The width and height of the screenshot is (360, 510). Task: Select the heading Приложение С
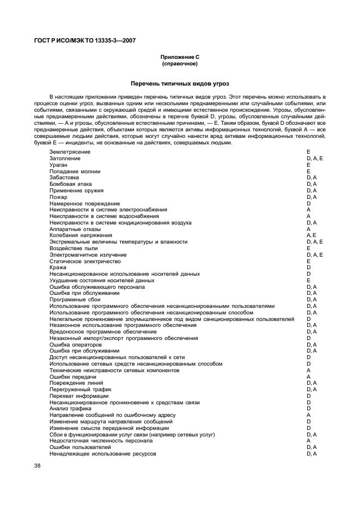(x=179, y=57)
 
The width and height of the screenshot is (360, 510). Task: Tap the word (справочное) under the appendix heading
(x=179, y=64)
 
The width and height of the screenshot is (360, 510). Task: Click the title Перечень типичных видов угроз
(x=180, y=84)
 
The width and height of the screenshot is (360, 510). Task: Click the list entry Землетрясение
(x=70, y=151)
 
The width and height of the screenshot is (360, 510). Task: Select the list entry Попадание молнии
(x=75, y=171)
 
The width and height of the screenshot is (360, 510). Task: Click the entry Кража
(x=58, y=268)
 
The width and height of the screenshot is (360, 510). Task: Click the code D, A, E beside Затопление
(x=315, y=158)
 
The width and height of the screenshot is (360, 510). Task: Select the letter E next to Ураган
(x=308, y=165)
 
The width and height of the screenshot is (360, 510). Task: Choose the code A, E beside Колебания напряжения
(x=312, y=235)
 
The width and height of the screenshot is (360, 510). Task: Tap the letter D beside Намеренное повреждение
(x=308, y=203)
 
